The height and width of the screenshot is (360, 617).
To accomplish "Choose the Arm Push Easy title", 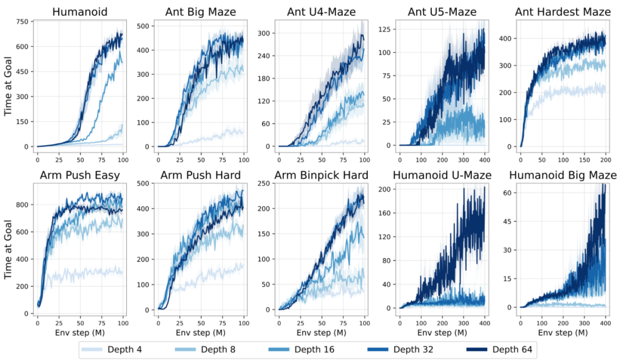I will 79,175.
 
